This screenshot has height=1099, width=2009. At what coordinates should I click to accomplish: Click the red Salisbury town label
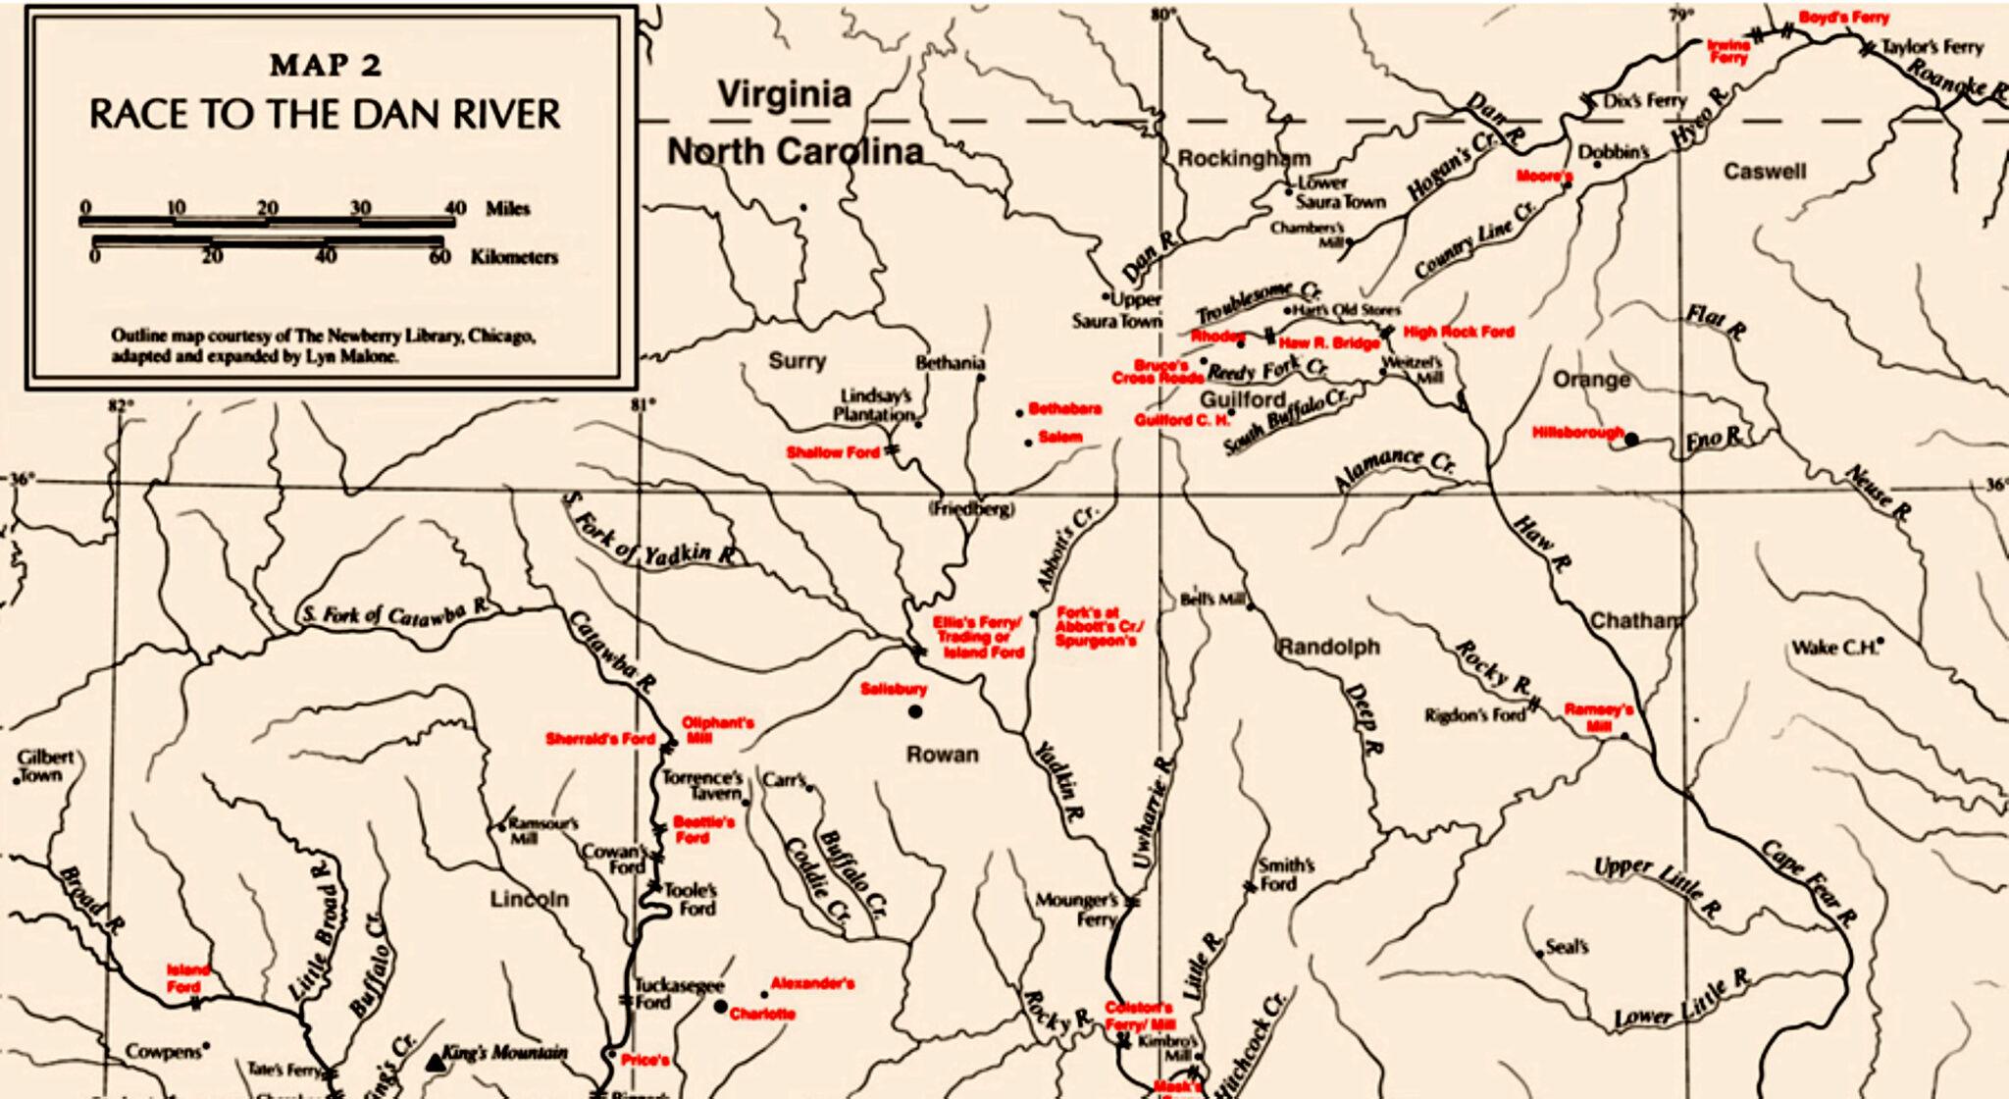coord(893,689)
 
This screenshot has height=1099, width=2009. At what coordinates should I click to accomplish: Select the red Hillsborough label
coord(1577,432)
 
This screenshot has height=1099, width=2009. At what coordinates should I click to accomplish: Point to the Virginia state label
coord(784,95)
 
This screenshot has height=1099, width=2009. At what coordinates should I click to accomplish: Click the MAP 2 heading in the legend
coord(326,66)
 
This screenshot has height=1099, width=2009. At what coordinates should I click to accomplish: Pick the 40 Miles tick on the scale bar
coord(454,208)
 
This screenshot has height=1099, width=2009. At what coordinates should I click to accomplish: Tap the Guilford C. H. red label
coord(1181,420)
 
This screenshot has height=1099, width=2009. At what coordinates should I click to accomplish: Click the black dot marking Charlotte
coord(721,1007)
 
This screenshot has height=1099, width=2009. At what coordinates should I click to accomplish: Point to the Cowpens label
coord(163,1052)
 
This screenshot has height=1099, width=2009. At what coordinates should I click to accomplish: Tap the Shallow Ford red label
coord(833,452)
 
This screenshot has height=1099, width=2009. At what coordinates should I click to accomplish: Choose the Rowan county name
coord(941,754)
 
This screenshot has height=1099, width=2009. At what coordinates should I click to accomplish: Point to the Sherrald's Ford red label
coord(599,739)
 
